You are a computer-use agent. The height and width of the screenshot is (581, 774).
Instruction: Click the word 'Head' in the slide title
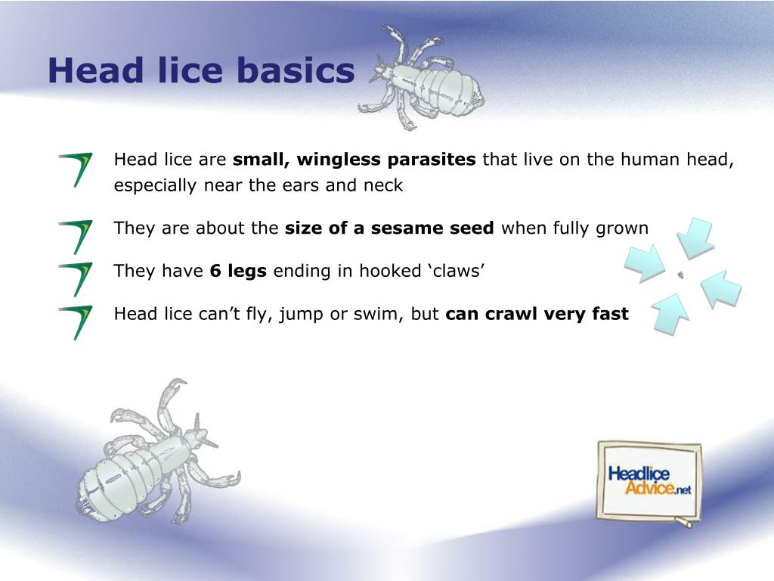click(95, 71)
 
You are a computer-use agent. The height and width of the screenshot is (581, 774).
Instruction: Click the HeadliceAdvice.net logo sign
click(649, 481)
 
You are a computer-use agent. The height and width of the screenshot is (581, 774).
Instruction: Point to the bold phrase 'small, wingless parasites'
click(354, 160)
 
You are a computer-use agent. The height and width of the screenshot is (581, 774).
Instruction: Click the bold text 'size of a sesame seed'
click(389, 228)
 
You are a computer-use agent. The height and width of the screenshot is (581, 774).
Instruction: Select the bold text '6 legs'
click(238, 271)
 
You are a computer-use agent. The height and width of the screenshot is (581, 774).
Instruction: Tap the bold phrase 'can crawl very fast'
click(537, 314)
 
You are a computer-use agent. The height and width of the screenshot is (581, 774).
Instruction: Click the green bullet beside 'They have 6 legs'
click(76, 278)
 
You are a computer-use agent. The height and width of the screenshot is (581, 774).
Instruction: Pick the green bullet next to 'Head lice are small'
click(76, 168)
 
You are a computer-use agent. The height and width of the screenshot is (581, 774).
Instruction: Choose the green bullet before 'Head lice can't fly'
click(76, 321)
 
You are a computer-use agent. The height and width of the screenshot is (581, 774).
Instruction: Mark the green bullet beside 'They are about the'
click(76, 235)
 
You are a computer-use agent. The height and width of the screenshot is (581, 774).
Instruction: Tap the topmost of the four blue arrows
click(695, 237)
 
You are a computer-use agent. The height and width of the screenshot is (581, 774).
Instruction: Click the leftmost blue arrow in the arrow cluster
click(644, 263)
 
